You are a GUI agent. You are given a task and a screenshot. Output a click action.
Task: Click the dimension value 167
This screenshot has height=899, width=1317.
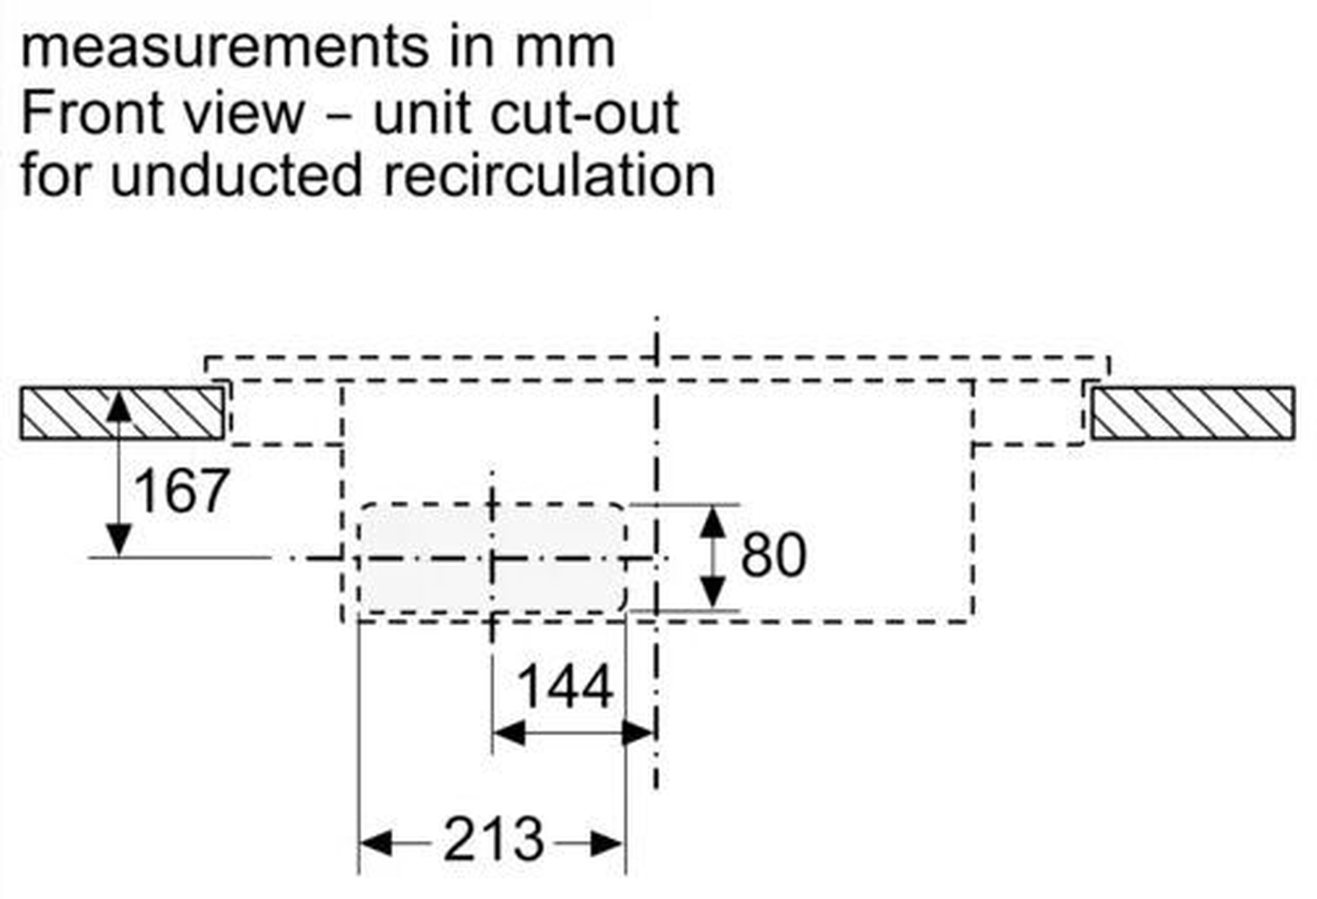tap(182, 491)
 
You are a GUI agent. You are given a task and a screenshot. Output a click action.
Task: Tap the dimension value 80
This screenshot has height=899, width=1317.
tap(773, 555)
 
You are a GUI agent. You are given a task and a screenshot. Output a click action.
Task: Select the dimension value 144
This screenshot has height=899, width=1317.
tap(566, 687)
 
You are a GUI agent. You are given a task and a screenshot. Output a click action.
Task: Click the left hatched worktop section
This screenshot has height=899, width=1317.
tap(122, 413)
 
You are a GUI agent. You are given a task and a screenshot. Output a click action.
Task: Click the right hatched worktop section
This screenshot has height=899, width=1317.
tap(1193, 413)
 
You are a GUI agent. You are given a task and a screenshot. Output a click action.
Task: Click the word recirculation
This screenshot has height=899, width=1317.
tap(549, 175)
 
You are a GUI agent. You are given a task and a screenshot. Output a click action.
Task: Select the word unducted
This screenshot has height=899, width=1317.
tap(236, 175)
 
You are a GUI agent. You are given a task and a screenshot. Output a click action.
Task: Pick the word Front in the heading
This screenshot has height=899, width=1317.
tap(93, 113)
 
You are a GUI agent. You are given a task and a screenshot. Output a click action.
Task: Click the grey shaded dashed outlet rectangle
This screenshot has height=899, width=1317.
tap(492, 558)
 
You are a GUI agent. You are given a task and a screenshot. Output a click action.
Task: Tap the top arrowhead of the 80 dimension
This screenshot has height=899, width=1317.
tap(712, 522)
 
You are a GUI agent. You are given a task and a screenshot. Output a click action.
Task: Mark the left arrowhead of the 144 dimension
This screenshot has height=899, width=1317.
tap(510, 732)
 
